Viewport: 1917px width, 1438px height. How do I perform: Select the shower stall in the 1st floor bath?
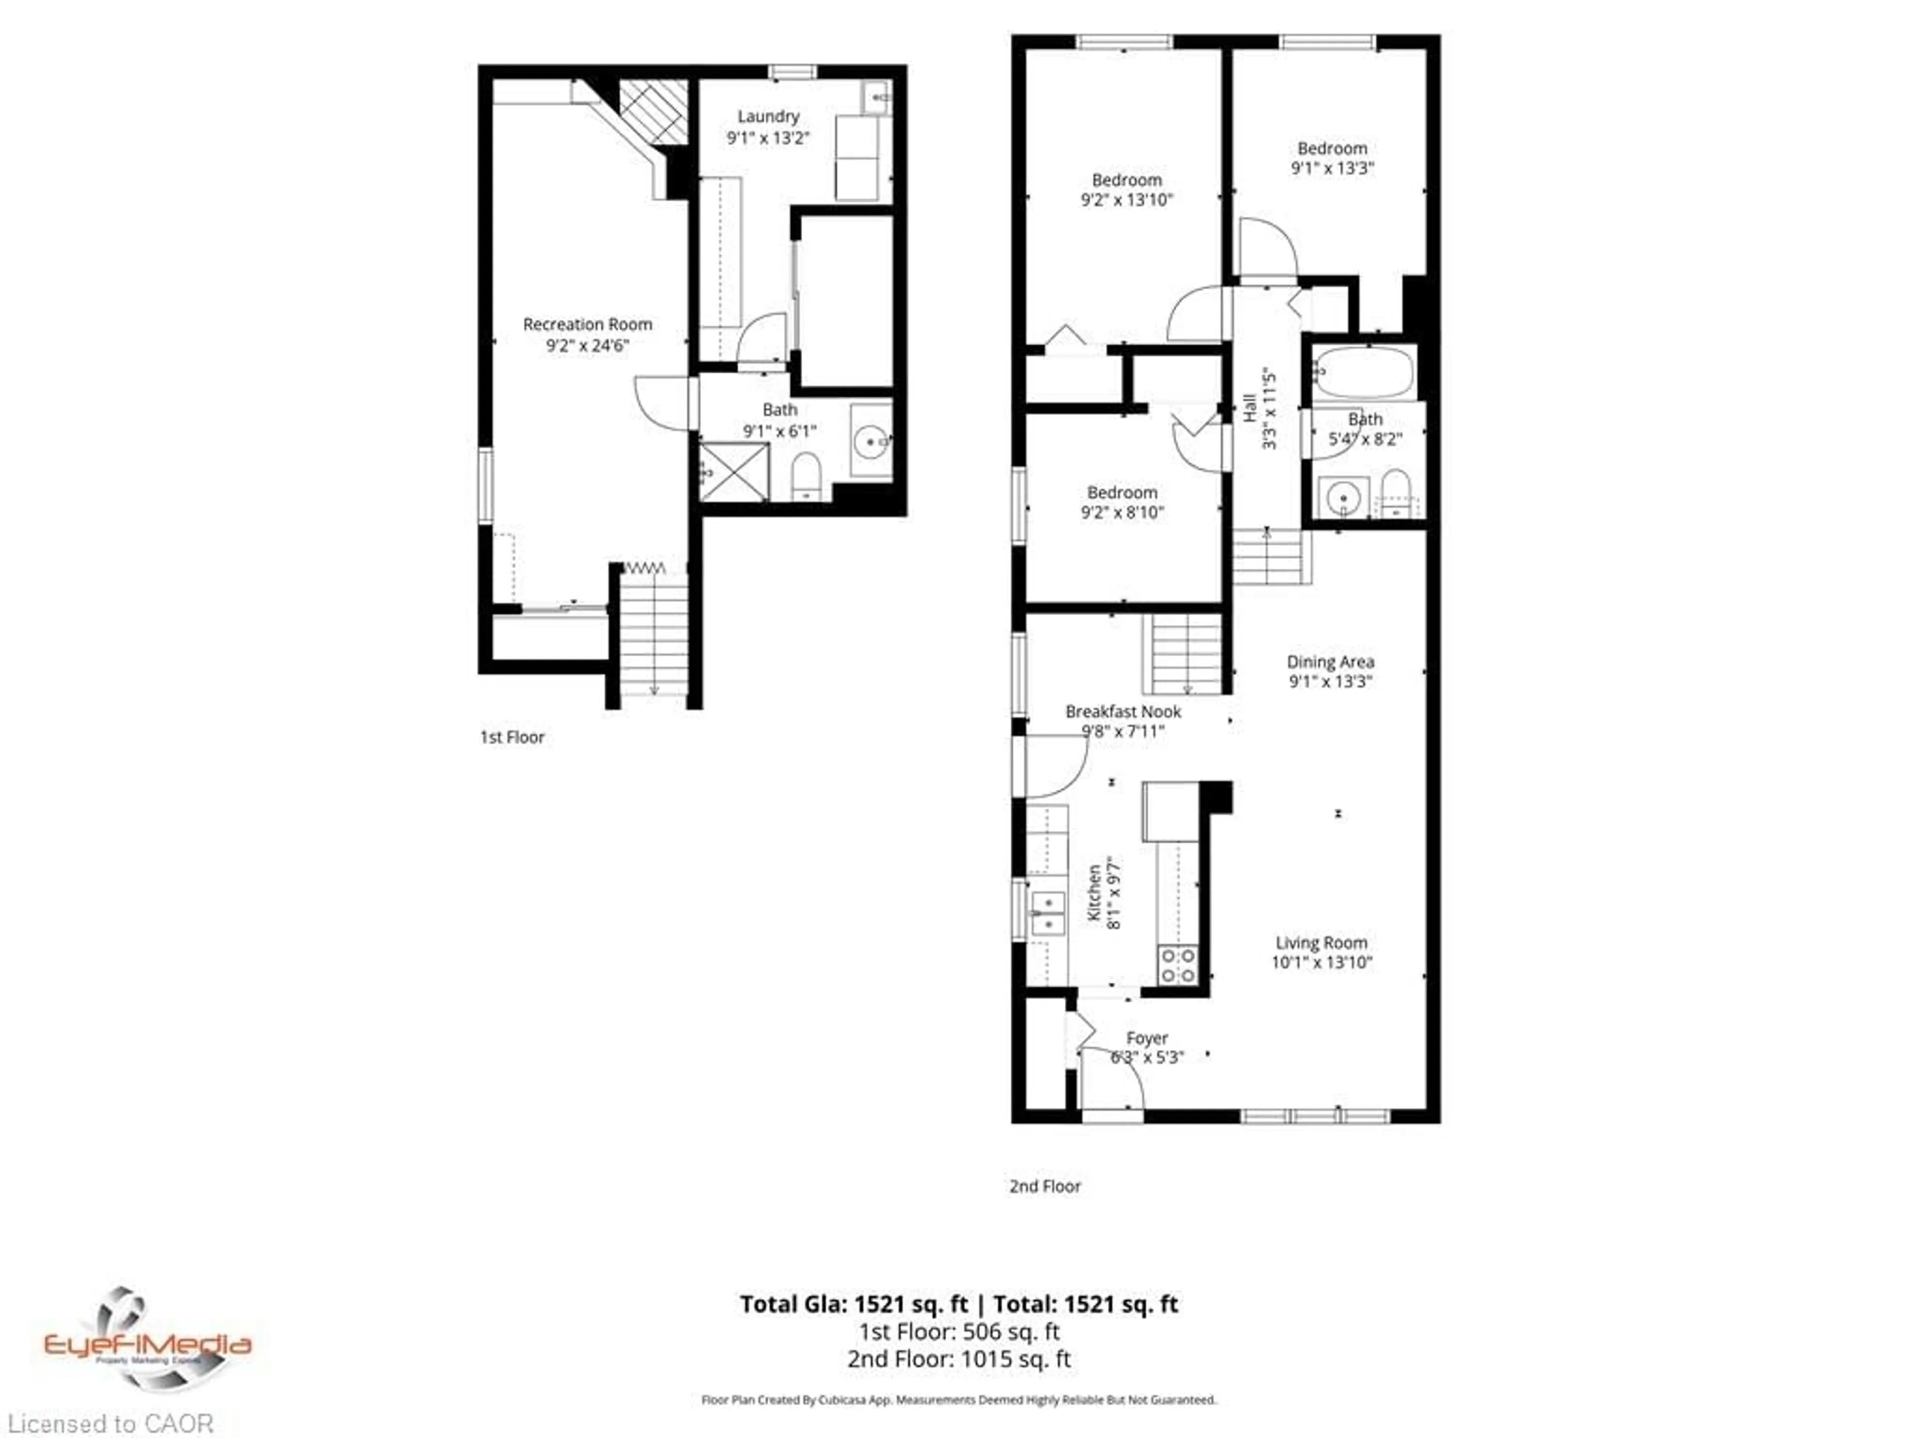734,472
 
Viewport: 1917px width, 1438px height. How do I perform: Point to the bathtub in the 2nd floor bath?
1365,372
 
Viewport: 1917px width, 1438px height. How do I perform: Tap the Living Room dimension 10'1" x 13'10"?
1321,962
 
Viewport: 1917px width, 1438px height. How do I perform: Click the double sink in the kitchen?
1048,914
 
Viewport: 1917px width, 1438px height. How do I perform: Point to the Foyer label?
1147,1038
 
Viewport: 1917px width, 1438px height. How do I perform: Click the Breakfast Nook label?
1123,711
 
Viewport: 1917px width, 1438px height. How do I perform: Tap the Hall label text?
1250,407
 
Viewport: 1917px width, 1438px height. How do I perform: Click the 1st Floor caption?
512,737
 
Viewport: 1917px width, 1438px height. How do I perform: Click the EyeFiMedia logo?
147,1340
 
